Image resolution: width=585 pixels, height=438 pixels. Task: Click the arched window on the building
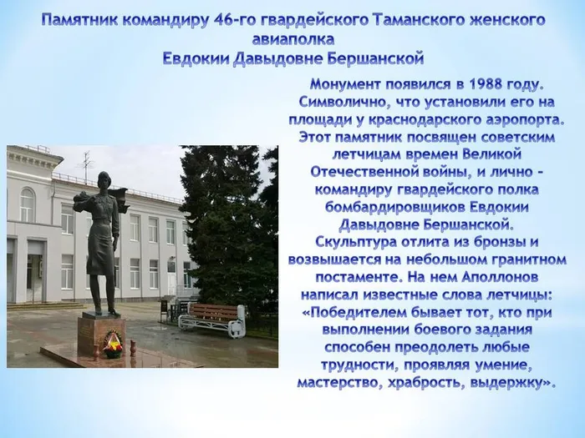click(27, 204)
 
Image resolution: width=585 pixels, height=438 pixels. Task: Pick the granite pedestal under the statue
click(102, 335)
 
